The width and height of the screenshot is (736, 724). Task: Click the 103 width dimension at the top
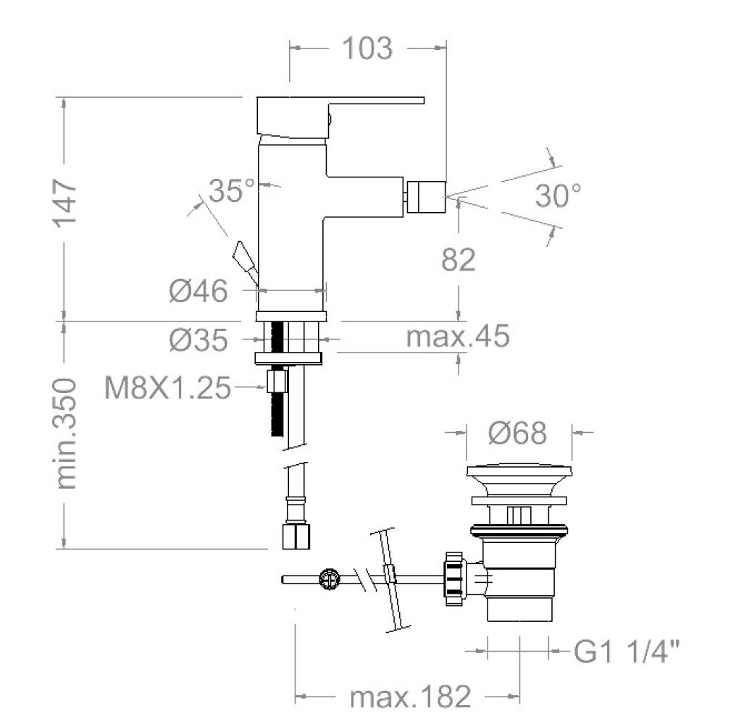(367, 49)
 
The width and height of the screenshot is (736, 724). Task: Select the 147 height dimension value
(64, 203)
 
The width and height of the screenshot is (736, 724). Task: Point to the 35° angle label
(231, 190)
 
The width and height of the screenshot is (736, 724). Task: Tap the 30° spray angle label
(558, 195)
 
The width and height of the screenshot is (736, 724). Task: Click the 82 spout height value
(458, 259)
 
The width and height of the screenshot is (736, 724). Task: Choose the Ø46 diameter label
(198, 291)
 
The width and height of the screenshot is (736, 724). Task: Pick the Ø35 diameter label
(198, 340)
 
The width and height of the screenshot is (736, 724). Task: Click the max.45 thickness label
(458, 337)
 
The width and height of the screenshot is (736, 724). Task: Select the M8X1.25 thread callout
(168, 388)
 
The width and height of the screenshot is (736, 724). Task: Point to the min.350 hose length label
(65, 434)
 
